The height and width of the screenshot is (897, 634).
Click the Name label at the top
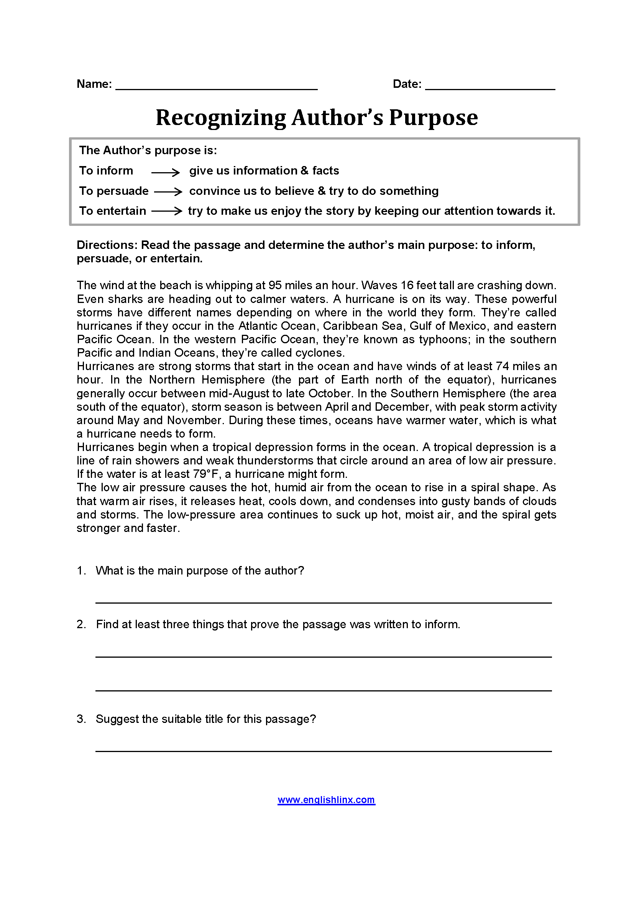click(94, 84)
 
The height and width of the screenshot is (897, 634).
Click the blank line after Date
click(490, 87)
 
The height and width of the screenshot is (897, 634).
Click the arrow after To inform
click(165, 172)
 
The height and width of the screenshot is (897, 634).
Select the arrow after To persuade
click(168, 191)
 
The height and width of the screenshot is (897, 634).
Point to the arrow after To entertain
click(167, 211)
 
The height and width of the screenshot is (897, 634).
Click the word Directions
click(107, 245)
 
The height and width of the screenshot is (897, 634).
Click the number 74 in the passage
click(503, 367)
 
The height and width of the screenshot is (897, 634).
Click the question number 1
click(81, 571)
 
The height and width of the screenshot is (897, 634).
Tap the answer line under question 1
click(323, 602)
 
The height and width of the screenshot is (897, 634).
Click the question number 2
click(81, 624)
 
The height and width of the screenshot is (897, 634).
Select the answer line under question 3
click(323, 751)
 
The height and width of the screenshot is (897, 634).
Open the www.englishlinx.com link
click(326, 800)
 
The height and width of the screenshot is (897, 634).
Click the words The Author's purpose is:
click(148, 150)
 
